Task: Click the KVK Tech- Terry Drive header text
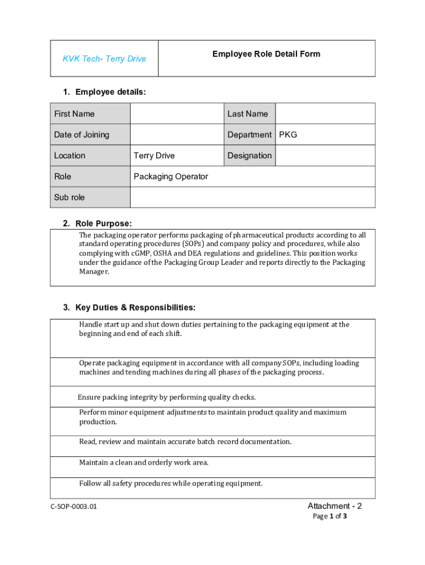tap(104, 58)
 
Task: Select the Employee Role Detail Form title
tap(266, 54)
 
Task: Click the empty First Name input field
tap(177, 114)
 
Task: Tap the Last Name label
tap(247, 114)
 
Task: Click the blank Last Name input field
tap(325, 114)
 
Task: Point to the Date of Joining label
tap(82, 135)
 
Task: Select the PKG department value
tap(288, 135)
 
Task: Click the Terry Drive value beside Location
tap(154, 156)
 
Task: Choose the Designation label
tap(249, 156)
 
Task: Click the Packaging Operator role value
tap(171, 177)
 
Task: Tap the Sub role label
tap(70, 198)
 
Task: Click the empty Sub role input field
tap(253, 198)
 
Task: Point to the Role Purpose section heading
tap(104, 223)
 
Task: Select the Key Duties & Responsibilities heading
tap(135, 307)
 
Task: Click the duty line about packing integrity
tap(167, 397)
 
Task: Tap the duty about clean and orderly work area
tap(144, 462)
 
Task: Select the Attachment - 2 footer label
tap(334, 506)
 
